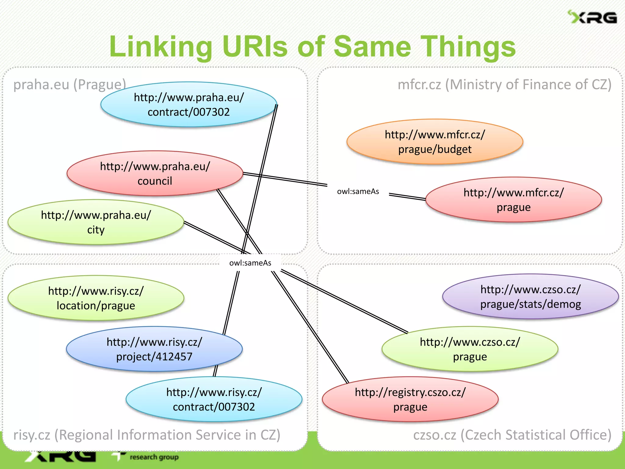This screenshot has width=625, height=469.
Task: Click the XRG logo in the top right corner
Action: coord(593,17)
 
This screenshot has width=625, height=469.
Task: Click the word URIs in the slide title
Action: coord(255,46)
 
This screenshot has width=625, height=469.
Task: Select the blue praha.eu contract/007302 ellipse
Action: coord(189,104)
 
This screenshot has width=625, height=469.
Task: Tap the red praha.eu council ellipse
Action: coord(155,173)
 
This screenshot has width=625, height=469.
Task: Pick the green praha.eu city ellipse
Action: coord(96,222)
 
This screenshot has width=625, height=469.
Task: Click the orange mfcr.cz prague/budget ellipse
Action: coord(435,142)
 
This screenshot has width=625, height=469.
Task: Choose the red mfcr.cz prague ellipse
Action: coord(513,200)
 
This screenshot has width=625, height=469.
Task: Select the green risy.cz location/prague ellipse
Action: coord(96,298)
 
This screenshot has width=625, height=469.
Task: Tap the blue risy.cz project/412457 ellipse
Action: coord(154,349)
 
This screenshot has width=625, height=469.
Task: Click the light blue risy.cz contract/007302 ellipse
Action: coord(214,399)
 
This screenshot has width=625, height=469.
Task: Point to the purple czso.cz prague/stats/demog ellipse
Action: coord(530,296)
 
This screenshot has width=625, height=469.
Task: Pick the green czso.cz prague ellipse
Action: coord(470,349)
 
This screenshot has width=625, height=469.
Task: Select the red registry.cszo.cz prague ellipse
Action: coord(410,399)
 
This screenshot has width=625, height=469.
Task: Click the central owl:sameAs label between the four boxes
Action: coord(250,263)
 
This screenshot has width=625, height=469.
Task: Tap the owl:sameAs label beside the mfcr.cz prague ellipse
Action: coord(358,191)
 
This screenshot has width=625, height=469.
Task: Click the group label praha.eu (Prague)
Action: coord(70,85)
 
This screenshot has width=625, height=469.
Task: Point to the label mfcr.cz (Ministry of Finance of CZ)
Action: coord(504,85)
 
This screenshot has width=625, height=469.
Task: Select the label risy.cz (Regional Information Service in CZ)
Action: coord(146,435)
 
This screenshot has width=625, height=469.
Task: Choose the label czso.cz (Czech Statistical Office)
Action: coord(512,435)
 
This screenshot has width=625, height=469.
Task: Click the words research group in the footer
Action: coord(154,457)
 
